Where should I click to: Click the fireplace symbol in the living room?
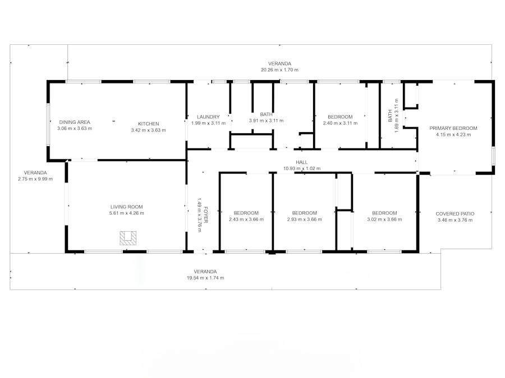click(128, 239)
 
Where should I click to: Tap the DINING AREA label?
click(75, 122)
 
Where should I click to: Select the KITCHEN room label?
click(149, 124)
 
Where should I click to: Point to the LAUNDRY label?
click(208, 117)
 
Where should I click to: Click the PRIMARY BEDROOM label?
click(453, 128)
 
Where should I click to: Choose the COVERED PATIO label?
click(455, 214)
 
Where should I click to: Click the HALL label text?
click(302, 162)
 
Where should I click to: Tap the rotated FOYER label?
click(206, 215)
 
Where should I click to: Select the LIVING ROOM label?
click(127, 207)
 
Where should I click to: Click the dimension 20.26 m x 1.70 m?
click(279, 70)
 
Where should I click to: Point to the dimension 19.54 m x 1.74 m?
click(205, 278)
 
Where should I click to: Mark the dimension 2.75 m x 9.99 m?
click(35, 179)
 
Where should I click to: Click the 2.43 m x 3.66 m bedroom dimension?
click(246, 220)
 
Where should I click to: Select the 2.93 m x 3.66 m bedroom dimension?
click(305, 220)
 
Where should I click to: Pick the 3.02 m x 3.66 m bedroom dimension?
click(384, 220)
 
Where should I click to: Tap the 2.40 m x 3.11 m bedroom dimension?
click(340, 123)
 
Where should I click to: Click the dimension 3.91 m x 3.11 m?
click(266, 120)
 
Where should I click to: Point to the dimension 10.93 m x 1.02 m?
click(302, 169)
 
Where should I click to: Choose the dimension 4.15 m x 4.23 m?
click(453, 134)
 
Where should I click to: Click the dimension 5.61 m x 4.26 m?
click(127, 213)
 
